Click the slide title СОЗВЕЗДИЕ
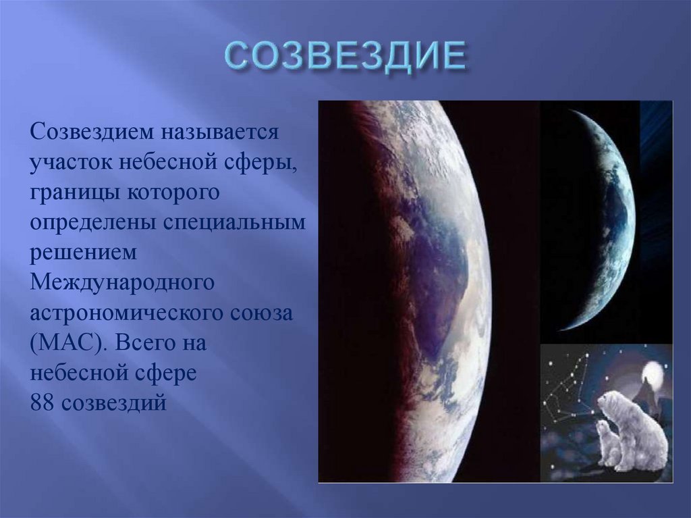coord(345,57)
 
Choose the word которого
coord(173,194)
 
